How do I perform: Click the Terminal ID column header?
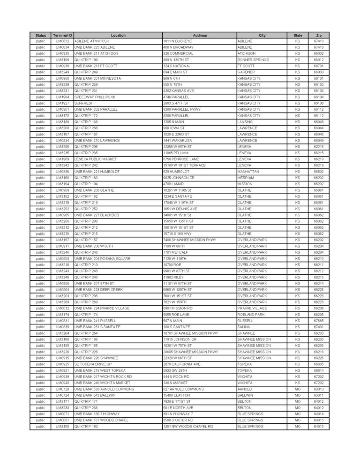pyautogui.click(x=62, y=35)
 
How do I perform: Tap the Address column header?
pyautogui.click(x=199, y=35)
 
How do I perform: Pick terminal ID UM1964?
pyautogui.click(x=62, y=97)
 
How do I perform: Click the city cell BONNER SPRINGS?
pyautogui.click(x=253, y=60)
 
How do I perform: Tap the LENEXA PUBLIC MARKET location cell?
pyautogui.click(x=95, y=159)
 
